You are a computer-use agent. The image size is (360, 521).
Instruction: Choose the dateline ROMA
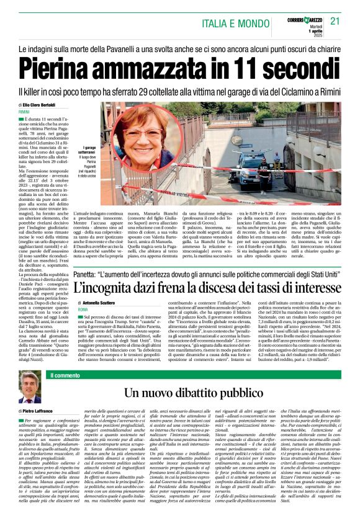83,308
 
